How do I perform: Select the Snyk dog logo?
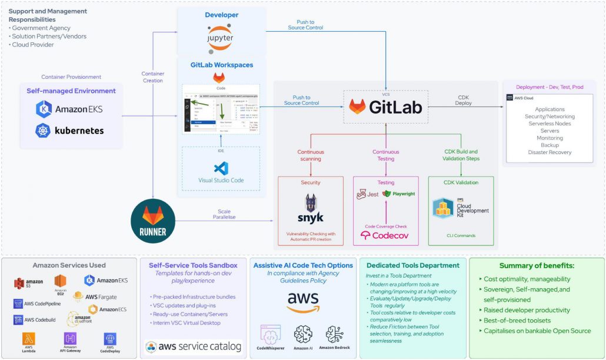[x=310, y=209]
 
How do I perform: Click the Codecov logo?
[x=385, y=235]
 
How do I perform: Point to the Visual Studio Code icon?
[x=221, y=169]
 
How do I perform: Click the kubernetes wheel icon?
[x=43, y=131]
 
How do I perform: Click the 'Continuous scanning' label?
[x=310, y=155]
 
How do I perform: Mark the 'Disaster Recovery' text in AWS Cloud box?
[x=550, y=152]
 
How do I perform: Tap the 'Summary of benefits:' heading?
[x=536, y=266]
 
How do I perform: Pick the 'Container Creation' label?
[x=153, y=77]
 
